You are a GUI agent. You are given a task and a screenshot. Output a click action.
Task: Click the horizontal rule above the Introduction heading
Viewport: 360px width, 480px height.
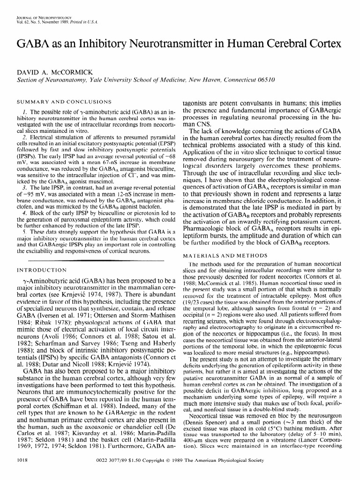click(x=94, y=260)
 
